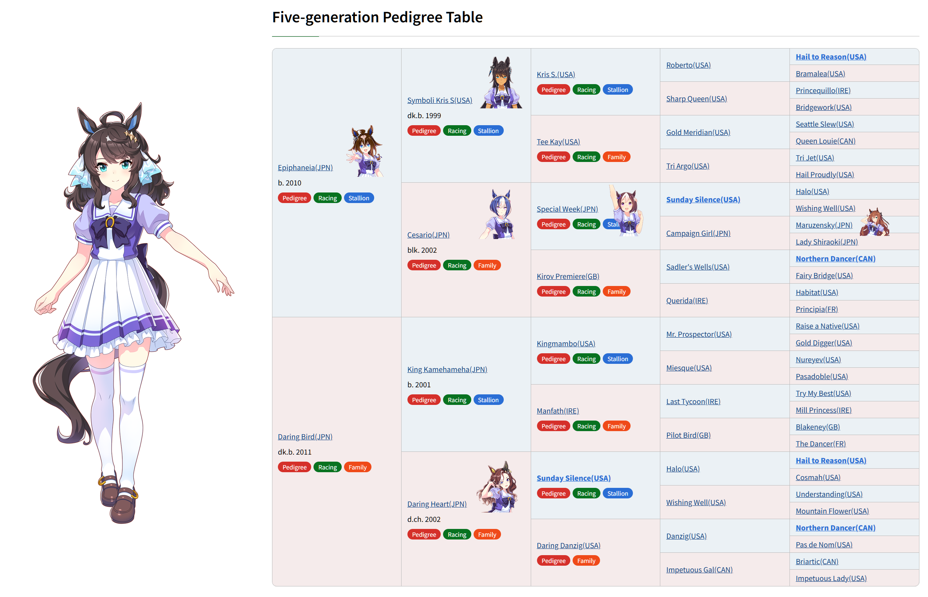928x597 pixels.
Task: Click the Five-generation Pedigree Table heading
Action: click(377, 17)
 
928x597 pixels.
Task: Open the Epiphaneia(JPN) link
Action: click(305, 167)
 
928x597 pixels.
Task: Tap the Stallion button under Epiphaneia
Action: click(359, 198)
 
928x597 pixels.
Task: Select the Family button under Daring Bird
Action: click(357, 467)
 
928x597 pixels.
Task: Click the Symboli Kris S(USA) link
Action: click(440, 100)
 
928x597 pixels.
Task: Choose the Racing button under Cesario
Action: click(457, 265)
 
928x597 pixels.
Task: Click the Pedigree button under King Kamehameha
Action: click(424, 400)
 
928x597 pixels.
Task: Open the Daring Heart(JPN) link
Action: click(437, 504)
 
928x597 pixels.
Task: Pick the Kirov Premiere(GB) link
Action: click(568, 276)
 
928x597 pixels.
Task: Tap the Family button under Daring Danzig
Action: click(586, 561)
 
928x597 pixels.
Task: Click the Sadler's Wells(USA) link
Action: click(697, 267)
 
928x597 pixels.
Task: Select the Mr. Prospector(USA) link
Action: click(699, 334)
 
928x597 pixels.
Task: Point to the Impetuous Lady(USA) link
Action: click(831, 578)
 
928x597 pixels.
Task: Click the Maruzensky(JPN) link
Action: click(823, 225)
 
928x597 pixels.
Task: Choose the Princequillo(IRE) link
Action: click(823, 90)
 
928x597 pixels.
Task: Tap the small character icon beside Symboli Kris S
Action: click(501, 83)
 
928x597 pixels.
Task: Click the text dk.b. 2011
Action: click(294, 452)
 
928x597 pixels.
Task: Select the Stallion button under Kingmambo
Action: click(617, 359)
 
